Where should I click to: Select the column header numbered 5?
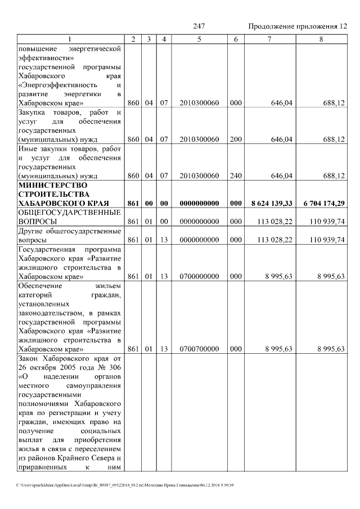click(x=199, y=39)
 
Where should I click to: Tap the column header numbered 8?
click(x=321, y=39)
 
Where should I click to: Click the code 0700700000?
click(x=199, y=349)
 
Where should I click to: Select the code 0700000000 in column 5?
click(x=199, y=276)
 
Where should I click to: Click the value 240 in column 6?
click(x=236, y=176)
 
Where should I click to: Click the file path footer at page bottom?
click(x=123, y=484)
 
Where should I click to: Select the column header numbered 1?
click(x=70, y=39)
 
